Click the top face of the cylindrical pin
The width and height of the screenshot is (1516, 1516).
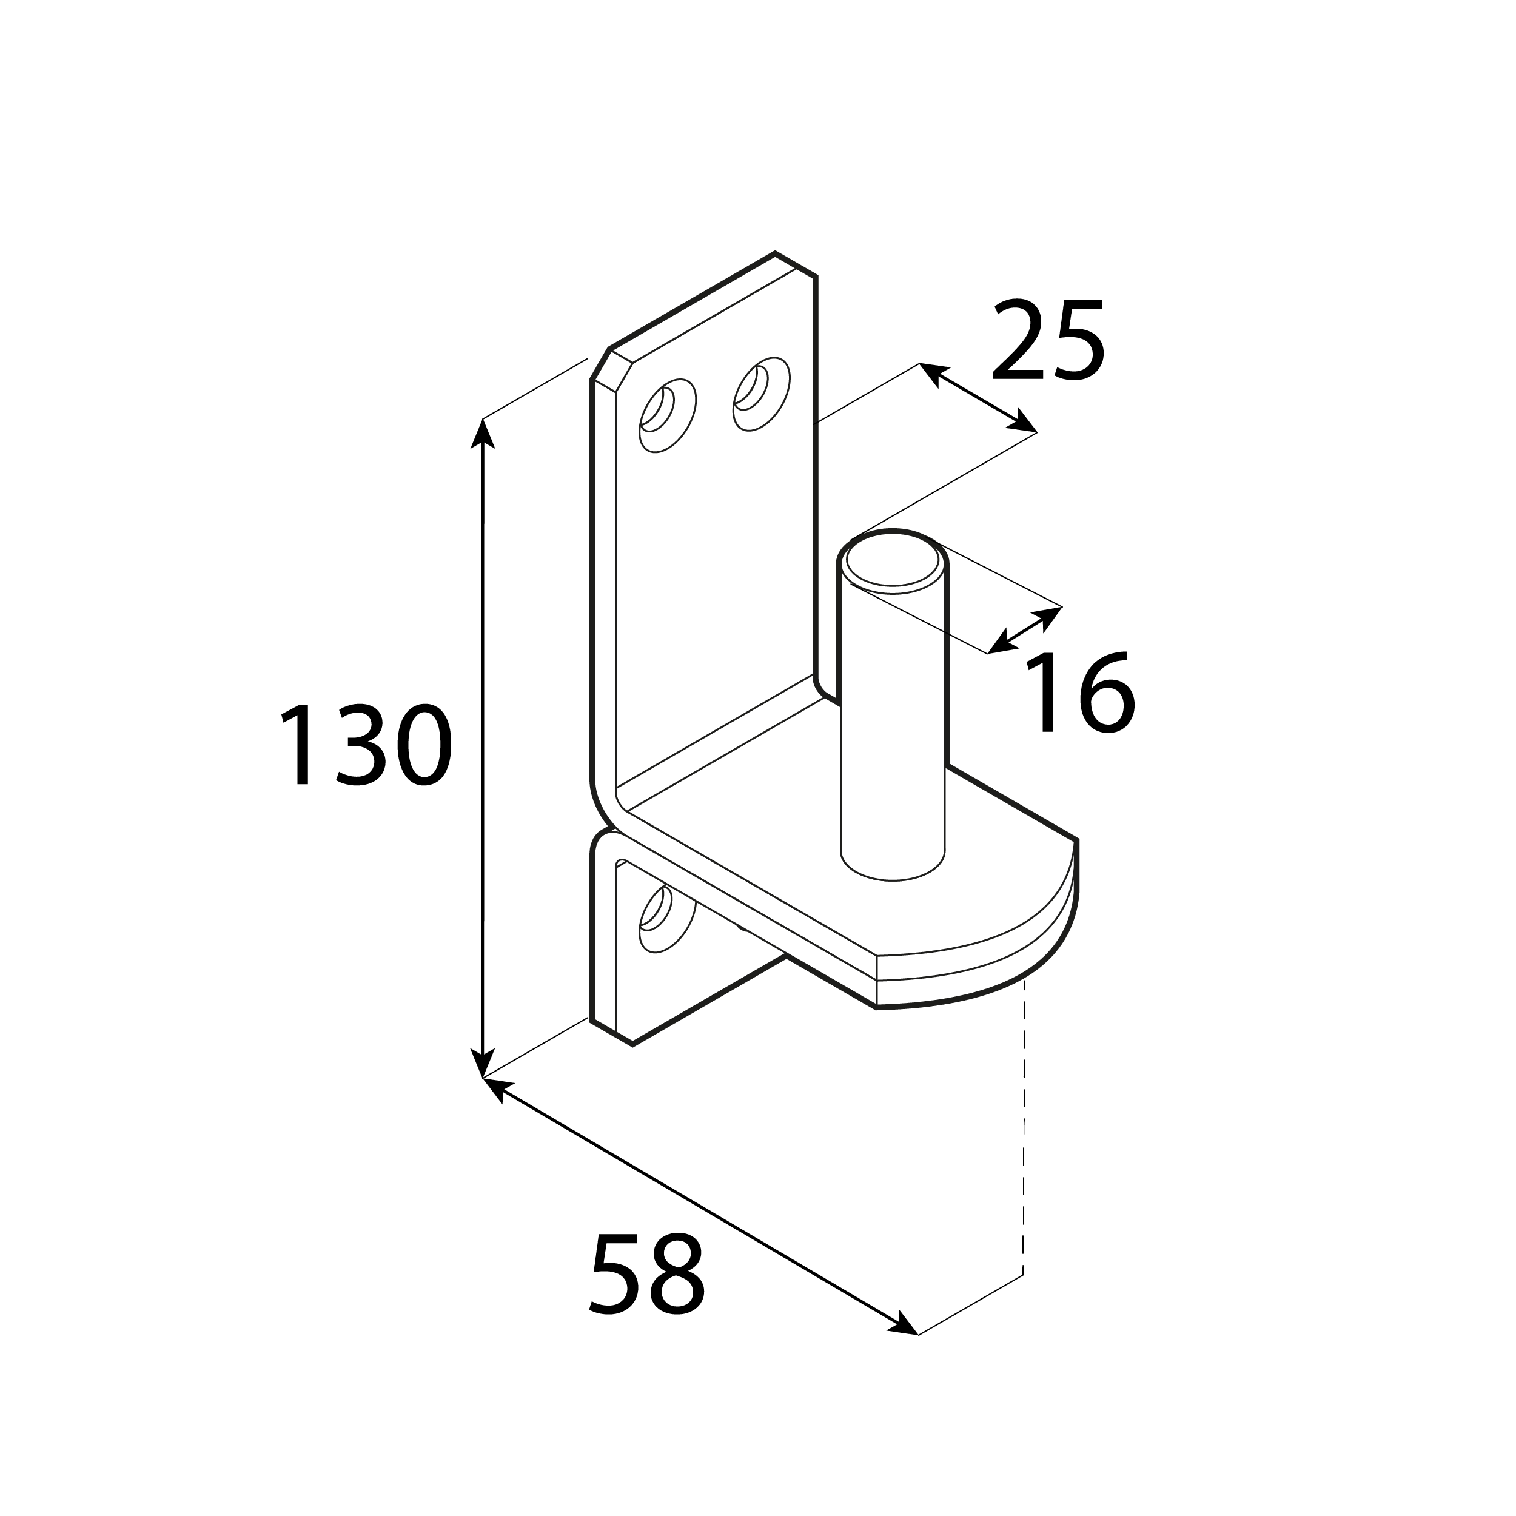pos(893,563)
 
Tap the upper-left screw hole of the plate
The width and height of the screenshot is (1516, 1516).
pos(668,416)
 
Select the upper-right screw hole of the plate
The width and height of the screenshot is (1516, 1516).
pos(761,394)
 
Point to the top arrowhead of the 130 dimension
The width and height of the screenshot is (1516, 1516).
pos(482,433)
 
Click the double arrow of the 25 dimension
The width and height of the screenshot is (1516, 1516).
pos(978,398)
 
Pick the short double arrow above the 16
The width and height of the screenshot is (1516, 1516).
pos(1025,629)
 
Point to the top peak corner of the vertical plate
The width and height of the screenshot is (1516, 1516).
pos(775,253)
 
